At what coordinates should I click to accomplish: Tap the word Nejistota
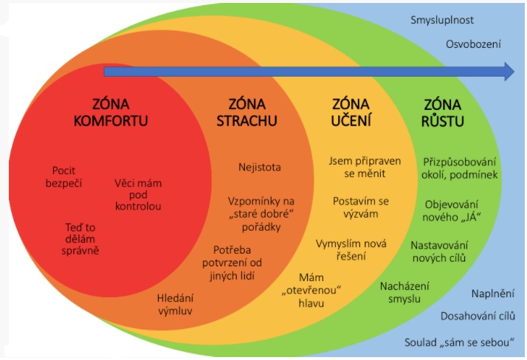(x=259, y=167)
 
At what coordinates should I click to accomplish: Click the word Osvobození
(x=473, y=44)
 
